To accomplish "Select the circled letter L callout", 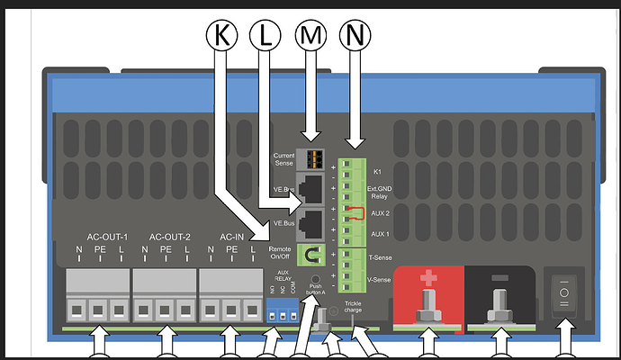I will click(263, 36).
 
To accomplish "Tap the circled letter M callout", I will click(310, 36).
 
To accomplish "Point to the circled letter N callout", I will click(356, 36).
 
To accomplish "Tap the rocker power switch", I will click(564, 292).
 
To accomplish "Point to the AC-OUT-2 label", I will click(165, 238).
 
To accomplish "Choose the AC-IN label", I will click(231, 238).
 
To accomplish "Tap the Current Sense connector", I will click(311, 158).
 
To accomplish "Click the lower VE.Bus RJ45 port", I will click(311, 220).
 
